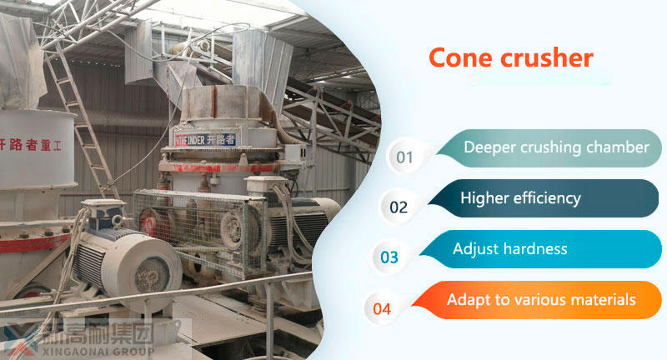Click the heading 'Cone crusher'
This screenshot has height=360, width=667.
tap(510, 57)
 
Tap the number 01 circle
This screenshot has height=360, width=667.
tap(404, 157)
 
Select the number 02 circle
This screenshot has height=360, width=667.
tap(399, 207)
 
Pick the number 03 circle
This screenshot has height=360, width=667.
tap(389, 257)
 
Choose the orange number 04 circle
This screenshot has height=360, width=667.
tap(382, 308)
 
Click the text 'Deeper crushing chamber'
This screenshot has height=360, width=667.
tap(556, 147)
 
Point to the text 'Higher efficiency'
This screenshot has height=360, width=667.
tap(520, 198)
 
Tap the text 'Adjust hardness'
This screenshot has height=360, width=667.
tap(509, 248)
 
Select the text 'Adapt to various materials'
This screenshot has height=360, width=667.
tap(541, 299)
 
